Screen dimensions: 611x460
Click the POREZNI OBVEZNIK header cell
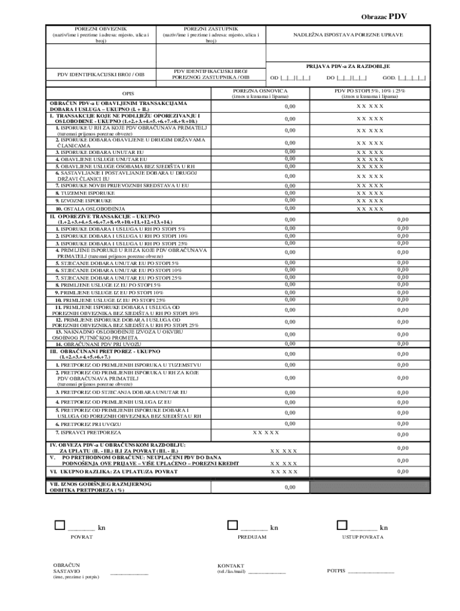[100, 35]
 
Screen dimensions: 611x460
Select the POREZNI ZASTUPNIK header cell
[211, 35]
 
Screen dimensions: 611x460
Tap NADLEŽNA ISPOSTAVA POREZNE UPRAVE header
[348, 35]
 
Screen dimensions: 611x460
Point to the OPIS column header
[128, 94]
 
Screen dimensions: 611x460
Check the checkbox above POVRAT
[59, 525]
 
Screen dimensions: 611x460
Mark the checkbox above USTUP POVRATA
[341, 525]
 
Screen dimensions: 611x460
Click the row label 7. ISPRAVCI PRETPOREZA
[88, 432]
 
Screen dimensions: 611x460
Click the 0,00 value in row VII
[290, 487]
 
